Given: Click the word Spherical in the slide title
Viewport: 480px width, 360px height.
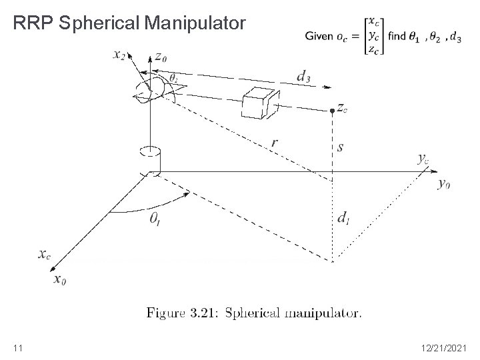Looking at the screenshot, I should click(101, 25).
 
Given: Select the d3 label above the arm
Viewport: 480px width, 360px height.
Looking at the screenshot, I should click(303, 77).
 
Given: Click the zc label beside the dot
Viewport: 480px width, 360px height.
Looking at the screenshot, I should click(342, 109).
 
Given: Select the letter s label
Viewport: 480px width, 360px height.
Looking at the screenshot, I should click(341, 147).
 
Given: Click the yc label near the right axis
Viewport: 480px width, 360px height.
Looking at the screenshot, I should click(423, 159).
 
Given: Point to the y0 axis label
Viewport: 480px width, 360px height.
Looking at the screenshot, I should click(443, 184).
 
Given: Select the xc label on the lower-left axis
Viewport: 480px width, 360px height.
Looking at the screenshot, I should click(44, 255).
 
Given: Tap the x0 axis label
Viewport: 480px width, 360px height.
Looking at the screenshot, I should click(61, 279).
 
